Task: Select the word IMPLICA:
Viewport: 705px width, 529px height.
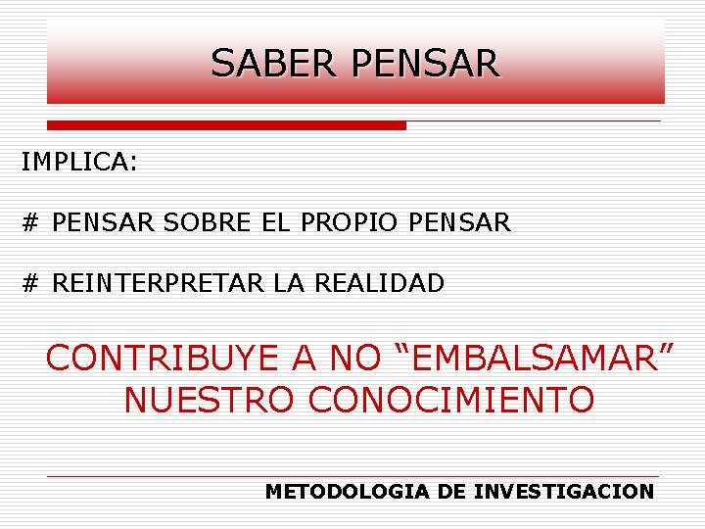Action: point(79,163)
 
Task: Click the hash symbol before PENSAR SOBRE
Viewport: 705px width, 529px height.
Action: point(30,223)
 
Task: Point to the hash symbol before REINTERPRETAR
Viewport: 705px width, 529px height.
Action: point(30,284)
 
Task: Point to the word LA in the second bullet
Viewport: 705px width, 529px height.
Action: point(289,284)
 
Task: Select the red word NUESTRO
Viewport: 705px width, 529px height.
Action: point(209,400)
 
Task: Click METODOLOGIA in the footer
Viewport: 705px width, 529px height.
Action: point(348,492)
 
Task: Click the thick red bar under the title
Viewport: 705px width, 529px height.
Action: point(226,125)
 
